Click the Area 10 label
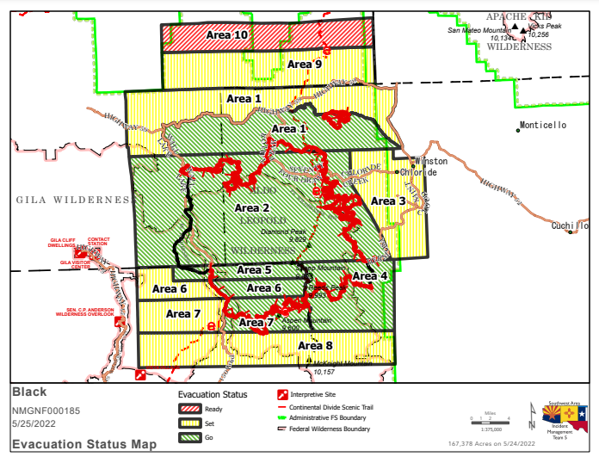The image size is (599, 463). click(x=227, y=34)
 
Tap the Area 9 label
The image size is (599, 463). click(x=305, y=64)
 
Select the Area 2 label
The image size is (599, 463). click(x=252, y=207)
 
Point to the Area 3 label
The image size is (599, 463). click(x=388, y=201)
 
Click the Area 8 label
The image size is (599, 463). click(x=315, y=345)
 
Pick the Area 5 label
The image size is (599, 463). click(x=255, y=269)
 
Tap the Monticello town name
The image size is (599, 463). click(x=544, y=126)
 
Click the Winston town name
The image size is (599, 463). click(x=431, y=161)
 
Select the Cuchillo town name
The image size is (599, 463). click(x=570, y=225)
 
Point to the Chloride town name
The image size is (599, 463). click(x=418, y=172)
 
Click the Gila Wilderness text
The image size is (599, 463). click(x=72, y=200)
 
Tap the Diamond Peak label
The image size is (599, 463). click(x=284, y=231)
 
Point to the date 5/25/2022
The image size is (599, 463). click(x=34, y=424)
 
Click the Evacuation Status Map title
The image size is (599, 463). click(x=84, y=445)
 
